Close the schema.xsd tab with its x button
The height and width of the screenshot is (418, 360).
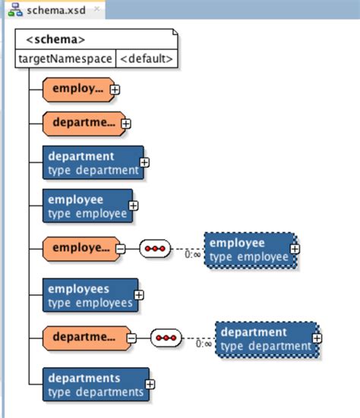pyautogui.click(x=96, y=10)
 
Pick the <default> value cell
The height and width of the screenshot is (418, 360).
pyautogui.click(x=147, y=58)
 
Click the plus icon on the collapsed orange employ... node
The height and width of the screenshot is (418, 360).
pyautogui.click(x=115, y=90)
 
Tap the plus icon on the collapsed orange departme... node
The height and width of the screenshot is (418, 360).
pyautogui.click(x=126, y=123)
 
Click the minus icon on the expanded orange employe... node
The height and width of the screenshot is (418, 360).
pyautogui.click(x=121, y=248)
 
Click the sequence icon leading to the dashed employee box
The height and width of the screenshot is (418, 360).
pyautogui.click(x=155, y=248)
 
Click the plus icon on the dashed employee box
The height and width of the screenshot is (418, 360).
pyautogui.click(x=295, y=248)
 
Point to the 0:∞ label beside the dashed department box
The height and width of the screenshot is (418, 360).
pyautogui.click(x=204, y=344)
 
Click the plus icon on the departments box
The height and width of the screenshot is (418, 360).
pyautogui.click(x=150, y=384)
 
